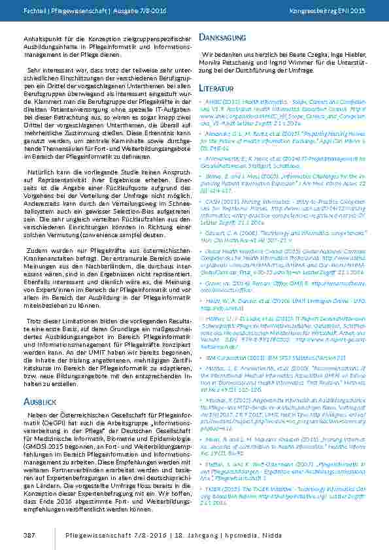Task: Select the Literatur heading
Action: [216, 87]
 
